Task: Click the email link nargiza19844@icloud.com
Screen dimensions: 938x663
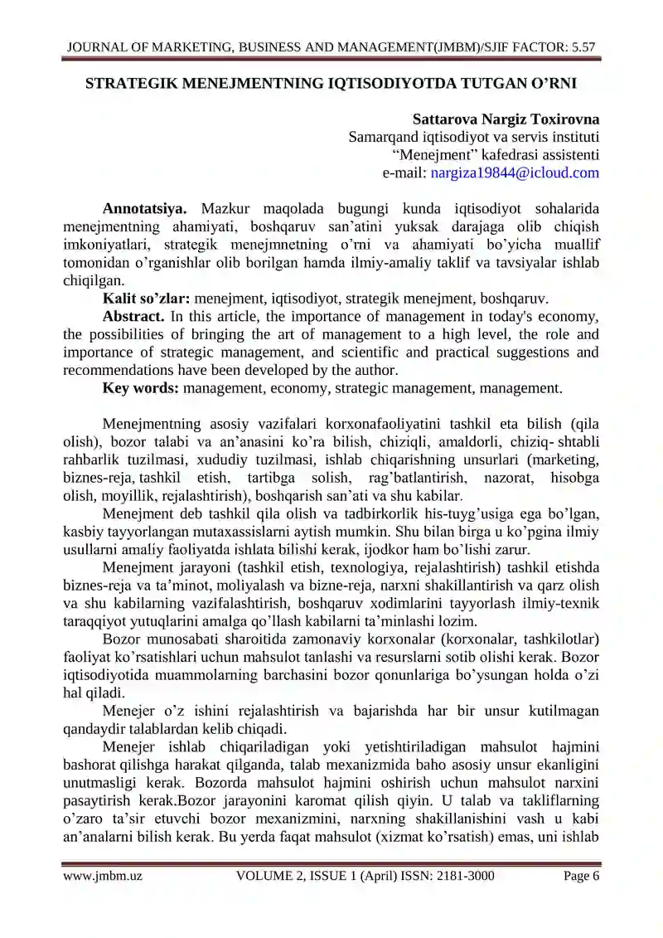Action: [x=515, y=173]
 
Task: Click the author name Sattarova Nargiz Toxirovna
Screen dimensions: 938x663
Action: [x=506, y=119]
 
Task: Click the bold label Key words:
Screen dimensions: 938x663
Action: [x=141, y=388]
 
